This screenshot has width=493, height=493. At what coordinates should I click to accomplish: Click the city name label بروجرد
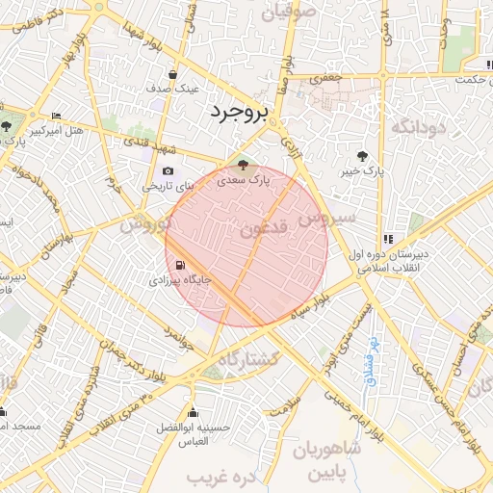pos(235,114)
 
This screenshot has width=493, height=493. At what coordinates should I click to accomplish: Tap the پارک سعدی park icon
pos(242,165)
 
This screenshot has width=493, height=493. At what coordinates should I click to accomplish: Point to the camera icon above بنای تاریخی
pos(169,171)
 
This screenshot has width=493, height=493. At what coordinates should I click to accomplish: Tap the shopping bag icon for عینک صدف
pos(172,73)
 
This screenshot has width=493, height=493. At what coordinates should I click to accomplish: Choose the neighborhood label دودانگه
pos(415,126)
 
